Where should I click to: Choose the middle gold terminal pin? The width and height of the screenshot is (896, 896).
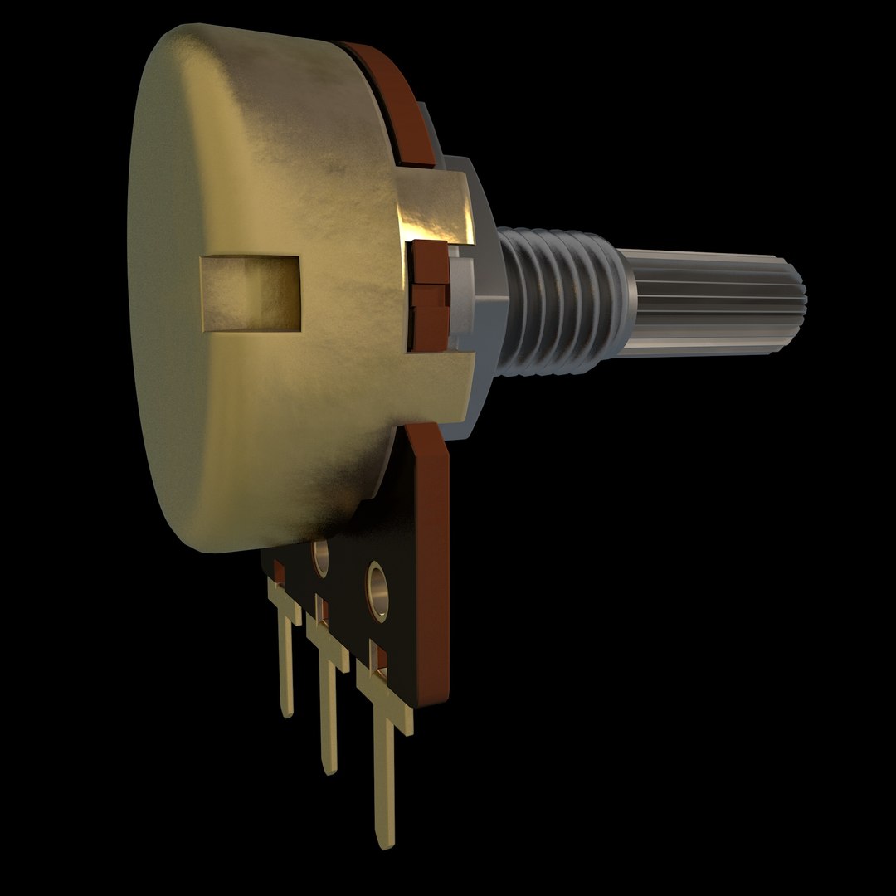(327, 705)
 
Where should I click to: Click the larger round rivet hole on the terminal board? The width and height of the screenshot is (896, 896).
(378, 586)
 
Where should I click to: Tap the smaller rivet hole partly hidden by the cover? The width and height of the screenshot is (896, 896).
(319, 558)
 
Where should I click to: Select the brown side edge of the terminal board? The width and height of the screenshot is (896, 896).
(435, 581)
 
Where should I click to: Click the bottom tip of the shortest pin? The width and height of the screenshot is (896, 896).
(287, 712)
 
